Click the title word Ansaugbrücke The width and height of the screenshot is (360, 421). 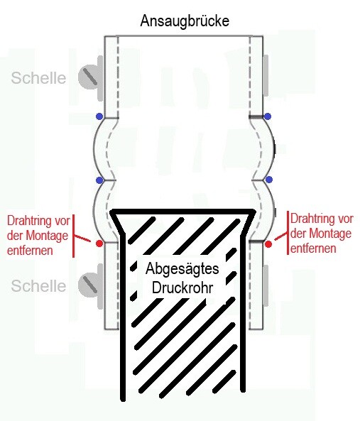coord(185,21)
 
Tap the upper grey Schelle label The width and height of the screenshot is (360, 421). coord(38,78)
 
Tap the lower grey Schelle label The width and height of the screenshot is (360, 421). coord(38,285)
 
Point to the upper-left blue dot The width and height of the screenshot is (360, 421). coord(99,116)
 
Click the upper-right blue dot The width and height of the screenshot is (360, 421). coord(268,116)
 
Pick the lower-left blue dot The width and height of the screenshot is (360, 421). coord(99,180)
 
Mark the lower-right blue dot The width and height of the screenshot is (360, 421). coord(268,180)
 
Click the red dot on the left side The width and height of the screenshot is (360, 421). coord(99,244)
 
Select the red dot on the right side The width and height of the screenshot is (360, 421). coord(268,244)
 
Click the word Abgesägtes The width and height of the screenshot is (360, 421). coord(182,269)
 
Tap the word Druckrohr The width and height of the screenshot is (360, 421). coord(182,288)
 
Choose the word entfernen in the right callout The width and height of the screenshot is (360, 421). coord(313,248)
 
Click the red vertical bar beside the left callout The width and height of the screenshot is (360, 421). coord(74,236)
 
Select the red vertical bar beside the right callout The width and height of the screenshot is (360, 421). coord(288,233)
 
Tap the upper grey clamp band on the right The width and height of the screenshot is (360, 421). coord(266,76)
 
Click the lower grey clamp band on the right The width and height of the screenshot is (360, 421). coord(266,285)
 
